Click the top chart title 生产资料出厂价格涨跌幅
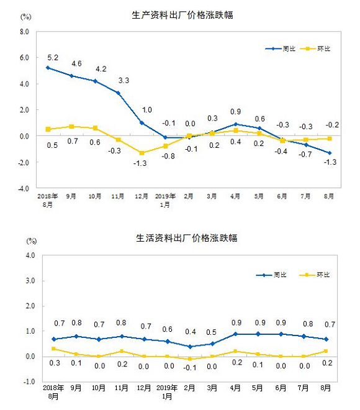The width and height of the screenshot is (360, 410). click(x=182, y=15)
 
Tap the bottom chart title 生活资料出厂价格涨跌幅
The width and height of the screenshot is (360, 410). click(x=187, y=238)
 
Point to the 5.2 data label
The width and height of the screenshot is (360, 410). click(x=53, y=58)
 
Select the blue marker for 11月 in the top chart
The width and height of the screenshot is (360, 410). click(x=118, y=93)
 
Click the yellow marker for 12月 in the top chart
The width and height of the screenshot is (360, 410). click(x=142, y=153)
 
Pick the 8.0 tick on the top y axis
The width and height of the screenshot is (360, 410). click(x=24, y=32)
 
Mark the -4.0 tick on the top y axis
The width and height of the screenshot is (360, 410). click(x=24, y=188)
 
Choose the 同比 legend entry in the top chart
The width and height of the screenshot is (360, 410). click(x=281, y=48)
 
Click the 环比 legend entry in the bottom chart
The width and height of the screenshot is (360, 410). click(x=314, y=275)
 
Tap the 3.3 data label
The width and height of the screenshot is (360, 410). click(x=124, y=80)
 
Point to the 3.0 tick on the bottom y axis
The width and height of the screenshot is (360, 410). click(x=30, y=281)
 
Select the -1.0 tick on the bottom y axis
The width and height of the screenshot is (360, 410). click(x=30, y=381)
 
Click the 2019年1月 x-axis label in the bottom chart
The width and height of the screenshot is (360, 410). click(x=167, y=392)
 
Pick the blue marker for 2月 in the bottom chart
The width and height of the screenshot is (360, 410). click(x=190, y=347)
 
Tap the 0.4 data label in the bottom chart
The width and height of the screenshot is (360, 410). click(x=191, y=332)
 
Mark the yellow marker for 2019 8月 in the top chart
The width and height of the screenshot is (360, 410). click(x=330, y=139)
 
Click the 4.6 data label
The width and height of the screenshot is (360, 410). click(x=76, y=63)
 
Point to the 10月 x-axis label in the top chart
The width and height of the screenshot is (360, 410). click(x=94, y=196)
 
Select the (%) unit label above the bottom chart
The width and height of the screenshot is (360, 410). click(x=32, y=241)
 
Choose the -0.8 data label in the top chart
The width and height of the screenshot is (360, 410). click(x=168, y=156)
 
